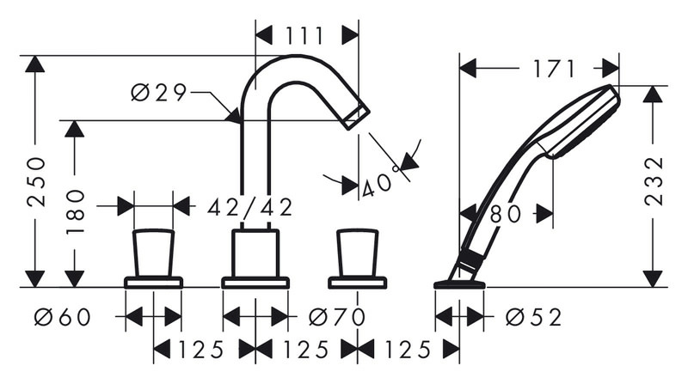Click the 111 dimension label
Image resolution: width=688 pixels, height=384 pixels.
click(305, 35)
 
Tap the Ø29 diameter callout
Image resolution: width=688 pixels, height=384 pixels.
click(159, 93)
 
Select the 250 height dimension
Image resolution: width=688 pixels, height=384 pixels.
click(35, 181)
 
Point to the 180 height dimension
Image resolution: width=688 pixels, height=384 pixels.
click(75, 212)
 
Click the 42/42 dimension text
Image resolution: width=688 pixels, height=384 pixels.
click(249, 207)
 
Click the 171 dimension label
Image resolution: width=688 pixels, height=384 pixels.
click(554, 69)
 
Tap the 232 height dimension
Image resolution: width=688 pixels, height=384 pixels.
click(654, 180)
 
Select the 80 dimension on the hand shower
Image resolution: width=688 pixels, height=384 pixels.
click(506, 215)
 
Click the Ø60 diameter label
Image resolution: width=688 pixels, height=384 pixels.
click(63, 316)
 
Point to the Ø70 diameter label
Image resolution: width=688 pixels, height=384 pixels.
click(337, 316)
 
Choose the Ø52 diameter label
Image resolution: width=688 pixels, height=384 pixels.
click(533, 316)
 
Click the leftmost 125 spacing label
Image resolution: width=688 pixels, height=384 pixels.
click(201, 350)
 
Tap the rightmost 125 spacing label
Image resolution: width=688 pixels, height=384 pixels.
click(408, 350)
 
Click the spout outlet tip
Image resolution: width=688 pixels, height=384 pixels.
click(357, 116)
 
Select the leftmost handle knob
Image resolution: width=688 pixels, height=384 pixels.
click(154, 253)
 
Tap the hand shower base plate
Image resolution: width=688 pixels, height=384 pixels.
click(459, 285)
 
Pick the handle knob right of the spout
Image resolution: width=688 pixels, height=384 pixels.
click(358, 253)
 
